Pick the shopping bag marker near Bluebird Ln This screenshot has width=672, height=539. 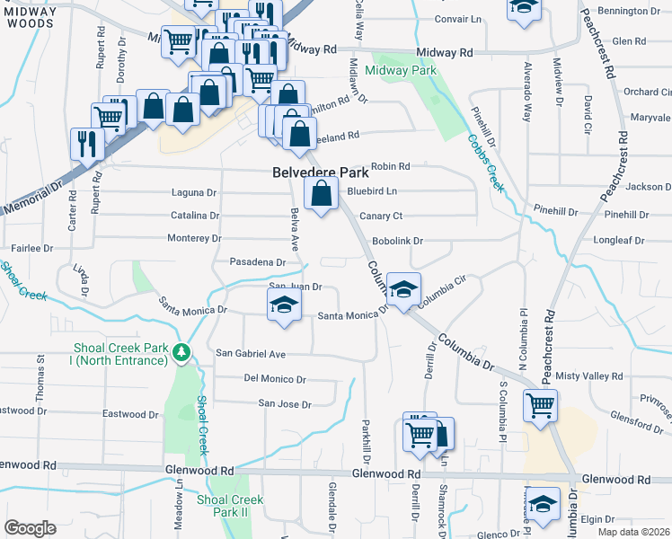click(x=321, y=193)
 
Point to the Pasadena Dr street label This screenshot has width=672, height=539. click(x=258, y=262)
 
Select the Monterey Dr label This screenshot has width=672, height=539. click(x=195, y=238)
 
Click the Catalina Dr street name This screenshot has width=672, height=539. click(x=195, y=216)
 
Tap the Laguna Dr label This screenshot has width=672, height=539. click(x=194, y=192)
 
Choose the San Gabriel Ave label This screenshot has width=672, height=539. click(x=250, y=354)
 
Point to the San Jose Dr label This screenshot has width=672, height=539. click(x=285, y=404)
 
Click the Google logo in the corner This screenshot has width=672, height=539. click(x=31, y=528)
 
